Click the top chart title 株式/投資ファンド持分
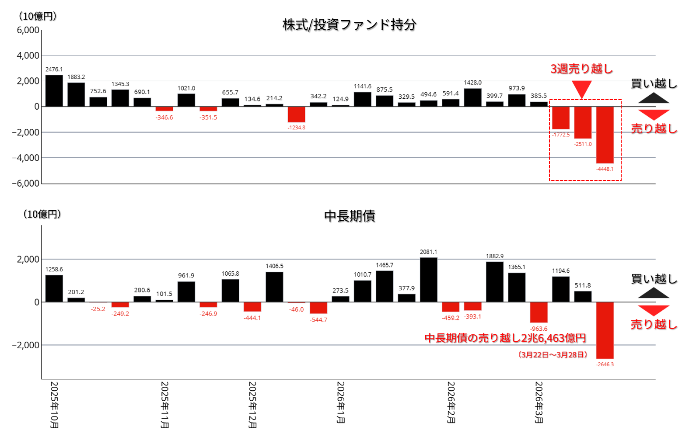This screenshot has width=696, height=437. pos(349,25)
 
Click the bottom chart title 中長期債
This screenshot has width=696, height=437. pos(349,216)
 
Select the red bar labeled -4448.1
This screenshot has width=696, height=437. pos(605,135)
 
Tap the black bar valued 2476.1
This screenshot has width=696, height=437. pos(54,91)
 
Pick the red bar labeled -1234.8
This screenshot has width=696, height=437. pos(296,114)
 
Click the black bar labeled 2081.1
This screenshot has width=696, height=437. pos(428,280)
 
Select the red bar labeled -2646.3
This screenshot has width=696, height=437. pos(605,330)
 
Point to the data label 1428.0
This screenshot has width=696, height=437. pos(472,83)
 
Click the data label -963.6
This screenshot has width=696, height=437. pos(539,329)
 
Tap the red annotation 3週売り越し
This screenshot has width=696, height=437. pos(581,69)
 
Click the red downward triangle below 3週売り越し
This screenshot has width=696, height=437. pos(581,89)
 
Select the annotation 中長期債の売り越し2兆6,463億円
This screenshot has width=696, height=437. pos(505,338)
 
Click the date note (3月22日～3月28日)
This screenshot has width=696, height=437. pos(553,354)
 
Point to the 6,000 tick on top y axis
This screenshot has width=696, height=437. pos(28,30)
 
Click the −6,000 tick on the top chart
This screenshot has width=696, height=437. pos(26,184)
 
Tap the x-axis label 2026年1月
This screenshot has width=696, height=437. pos(341,402)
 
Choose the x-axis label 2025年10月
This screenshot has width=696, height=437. pos(54,405)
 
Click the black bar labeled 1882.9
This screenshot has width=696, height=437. pos(494,282)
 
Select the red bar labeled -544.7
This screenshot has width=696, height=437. pos(318,308)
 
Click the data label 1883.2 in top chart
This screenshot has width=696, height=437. pos(76,77)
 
